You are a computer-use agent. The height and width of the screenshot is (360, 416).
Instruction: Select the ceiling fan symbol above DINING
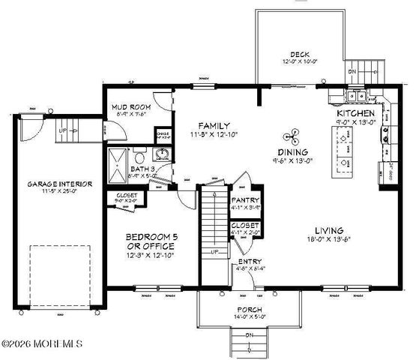[291, 136]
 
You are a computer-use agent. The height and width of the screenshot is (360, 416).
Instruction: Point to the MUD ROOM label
[132, 107]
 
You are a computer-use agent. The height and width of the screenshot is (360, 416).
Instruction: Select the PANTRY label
[244, 200]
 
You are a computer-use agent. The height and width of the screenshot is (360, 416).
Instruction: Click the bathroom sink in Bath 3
[161, 155]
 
